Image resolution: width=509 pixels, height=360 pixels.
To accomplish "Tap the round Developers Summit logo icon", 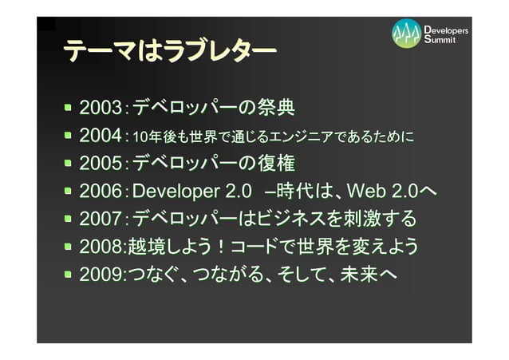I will [x=406, y=33].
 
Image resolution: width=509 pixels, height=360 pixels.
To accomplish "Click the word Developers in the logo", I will [x=447, y=30].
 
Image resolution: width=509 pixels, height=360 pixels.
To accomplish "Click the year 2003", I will [x=99, y=107].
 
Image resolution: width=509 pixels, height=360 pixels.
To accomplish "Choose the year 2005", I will [x=99, y=164].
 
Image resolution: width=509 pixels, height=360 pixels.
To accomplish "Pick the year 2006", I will [x=99, y=192].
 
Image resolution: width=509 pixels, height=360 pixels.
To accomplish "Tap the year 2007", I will [x=99, y=219].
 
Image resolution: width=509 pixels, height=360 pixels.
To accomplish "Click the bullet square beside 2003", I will [x=71, y=107].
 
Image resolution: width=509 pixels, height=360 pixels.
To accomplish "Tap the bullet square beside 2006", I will [x=71, y=192].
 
